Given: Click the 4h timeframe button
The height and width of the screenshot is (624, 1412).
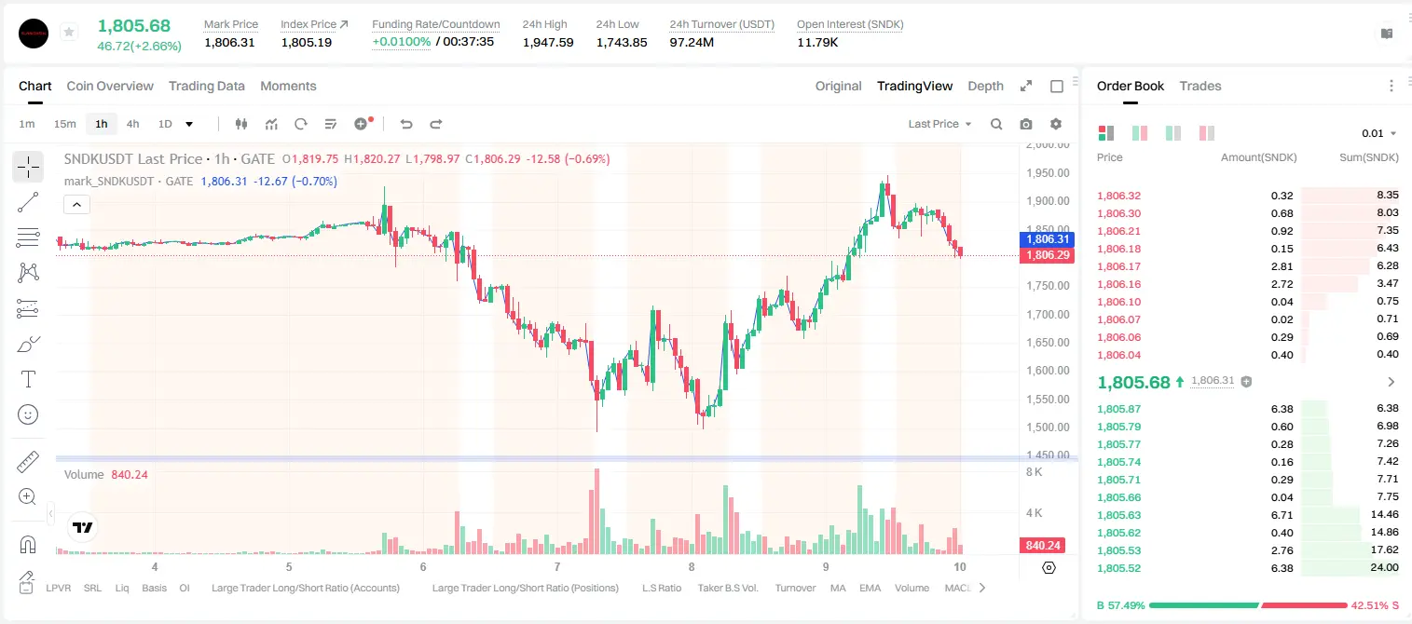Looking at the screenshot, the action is coord(132,124).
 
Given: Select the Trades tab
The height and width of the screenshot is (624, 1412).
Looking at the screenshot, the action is coord(1200,86).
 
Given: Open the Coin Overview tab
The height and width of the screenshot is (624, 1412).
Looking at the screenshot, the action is coord(110,86).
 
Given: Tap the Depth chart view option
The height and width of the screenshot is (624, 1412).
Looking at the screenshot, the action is coord(985,86).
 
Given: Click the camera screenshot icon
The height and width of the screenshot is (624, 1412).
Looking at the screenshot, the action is coord(1026,124).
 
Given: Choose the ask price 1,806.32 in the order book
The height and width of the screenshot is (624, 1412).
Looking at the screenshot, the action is coord(1118,196).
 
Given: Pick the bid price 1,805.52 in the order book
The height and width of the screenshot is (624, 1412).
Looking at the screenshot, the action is coord(1118,568).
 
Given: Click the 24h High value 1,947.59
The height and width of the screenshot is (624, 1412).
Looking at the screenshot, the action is coord(548,42).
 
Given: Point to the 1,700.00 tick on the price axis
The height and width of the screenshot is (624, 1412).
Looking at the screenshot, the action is coord(1048,314).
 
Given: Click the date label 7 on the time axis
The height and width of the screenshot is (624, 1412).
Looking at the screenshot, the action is coord(557,566).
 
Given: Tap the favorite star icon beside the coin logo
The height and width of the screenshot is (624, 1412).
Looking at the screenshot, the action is coord(69,32).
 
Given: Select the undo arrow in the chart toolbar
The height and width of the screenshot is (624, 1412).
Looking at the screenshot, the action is coord(406,124).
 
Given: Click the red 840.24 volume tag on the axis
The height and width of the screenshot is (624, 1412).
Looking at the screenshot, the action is coord(1042,545).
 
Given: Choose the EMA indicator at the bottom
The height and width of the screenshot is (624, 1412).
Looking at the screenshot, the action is coord(870,588).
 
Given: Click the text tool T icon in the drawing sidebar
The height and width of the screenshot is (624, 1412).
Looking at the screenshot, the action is coord(28,379).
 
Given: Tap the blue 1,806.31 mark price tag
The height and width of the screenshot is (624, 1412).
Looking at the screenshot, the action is coord(1047,239).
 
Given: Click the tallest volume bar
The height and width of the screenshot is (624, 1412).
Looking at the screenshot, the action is coord(596,511).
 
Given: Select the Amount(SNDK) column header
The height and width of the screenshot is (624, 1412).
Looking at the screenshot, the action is coord(1258,157).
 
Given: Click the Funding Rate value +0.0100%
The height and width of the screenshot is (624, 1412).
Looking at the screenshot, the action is coord(401,42).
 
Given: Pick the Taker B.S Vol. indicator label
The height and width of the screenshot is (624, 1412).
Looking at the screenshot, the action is coord(727,588).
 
